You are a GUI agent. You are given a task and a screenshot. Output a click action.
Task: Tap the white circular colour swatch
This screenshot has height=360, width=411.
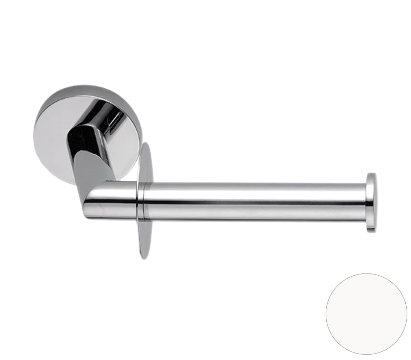366,313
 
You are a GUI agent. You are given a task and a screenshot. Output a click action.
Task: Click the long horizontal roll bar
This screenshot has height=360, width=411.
253,201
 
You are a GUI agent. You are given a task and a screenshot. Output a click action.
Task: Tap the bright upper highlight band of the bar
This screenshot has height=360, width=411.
253,189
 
